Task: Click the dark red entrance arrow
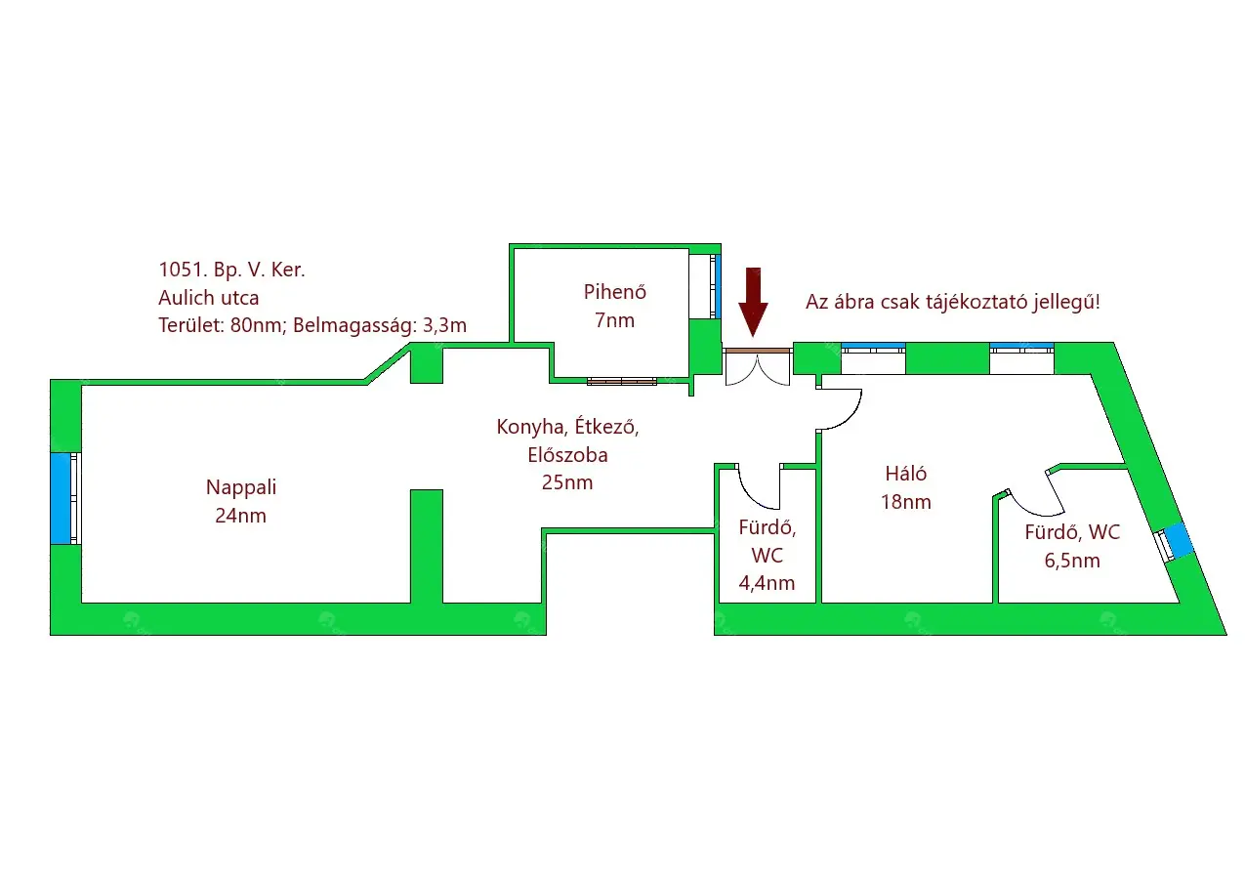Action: [753, 301]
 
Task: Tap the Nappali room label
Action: [234, 487]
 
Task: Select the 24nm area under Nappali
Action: [240, 516]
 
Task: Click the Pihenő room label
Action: [614, 291]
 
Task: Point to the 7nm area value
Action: [614, 319]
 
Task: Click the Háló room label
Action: [905, 474]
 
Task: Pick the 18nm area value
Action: [905, 503]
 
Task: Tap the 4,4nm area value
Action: [767, 584]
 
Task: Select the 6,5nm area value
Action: [1072, 561]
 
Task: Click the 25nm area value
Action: [566, 482]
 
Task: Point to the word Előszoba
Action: [566, 454]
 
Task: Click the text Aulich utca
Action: [209, 298]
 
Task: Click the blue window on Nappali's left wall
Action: [62, 498]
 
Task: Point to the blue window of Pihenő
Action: [715, 285]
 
